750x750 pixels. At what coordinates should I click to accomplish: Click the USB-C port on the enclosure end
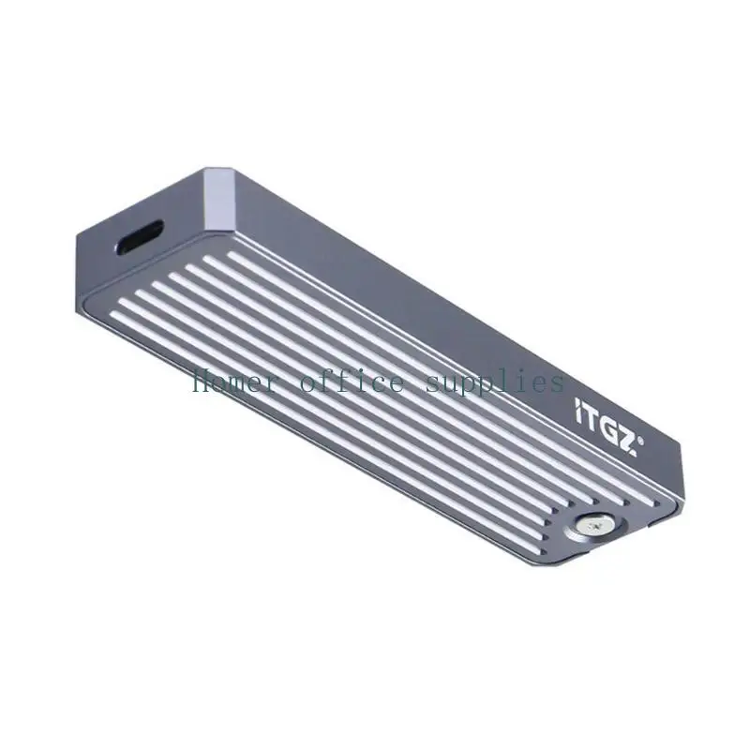point(142,238)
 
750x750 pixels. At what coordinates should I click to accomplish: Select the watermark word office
point(352,382)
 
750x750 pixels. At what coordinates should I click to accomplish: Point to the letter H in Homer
point(200,382)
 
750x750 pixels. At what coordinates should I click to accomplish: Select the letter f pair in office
point(337,382)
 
